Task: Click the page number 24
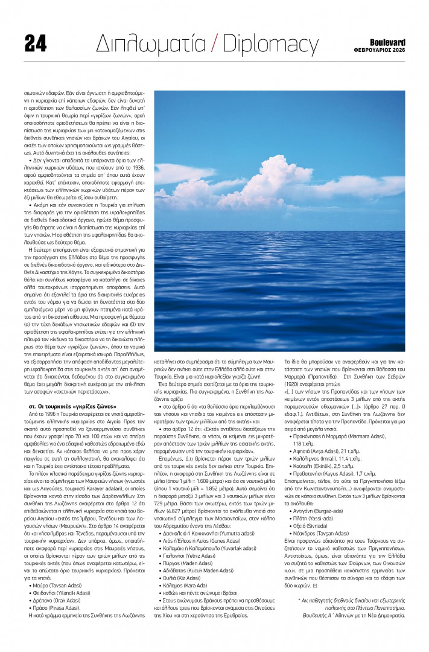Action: click(x=35, y=43)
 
